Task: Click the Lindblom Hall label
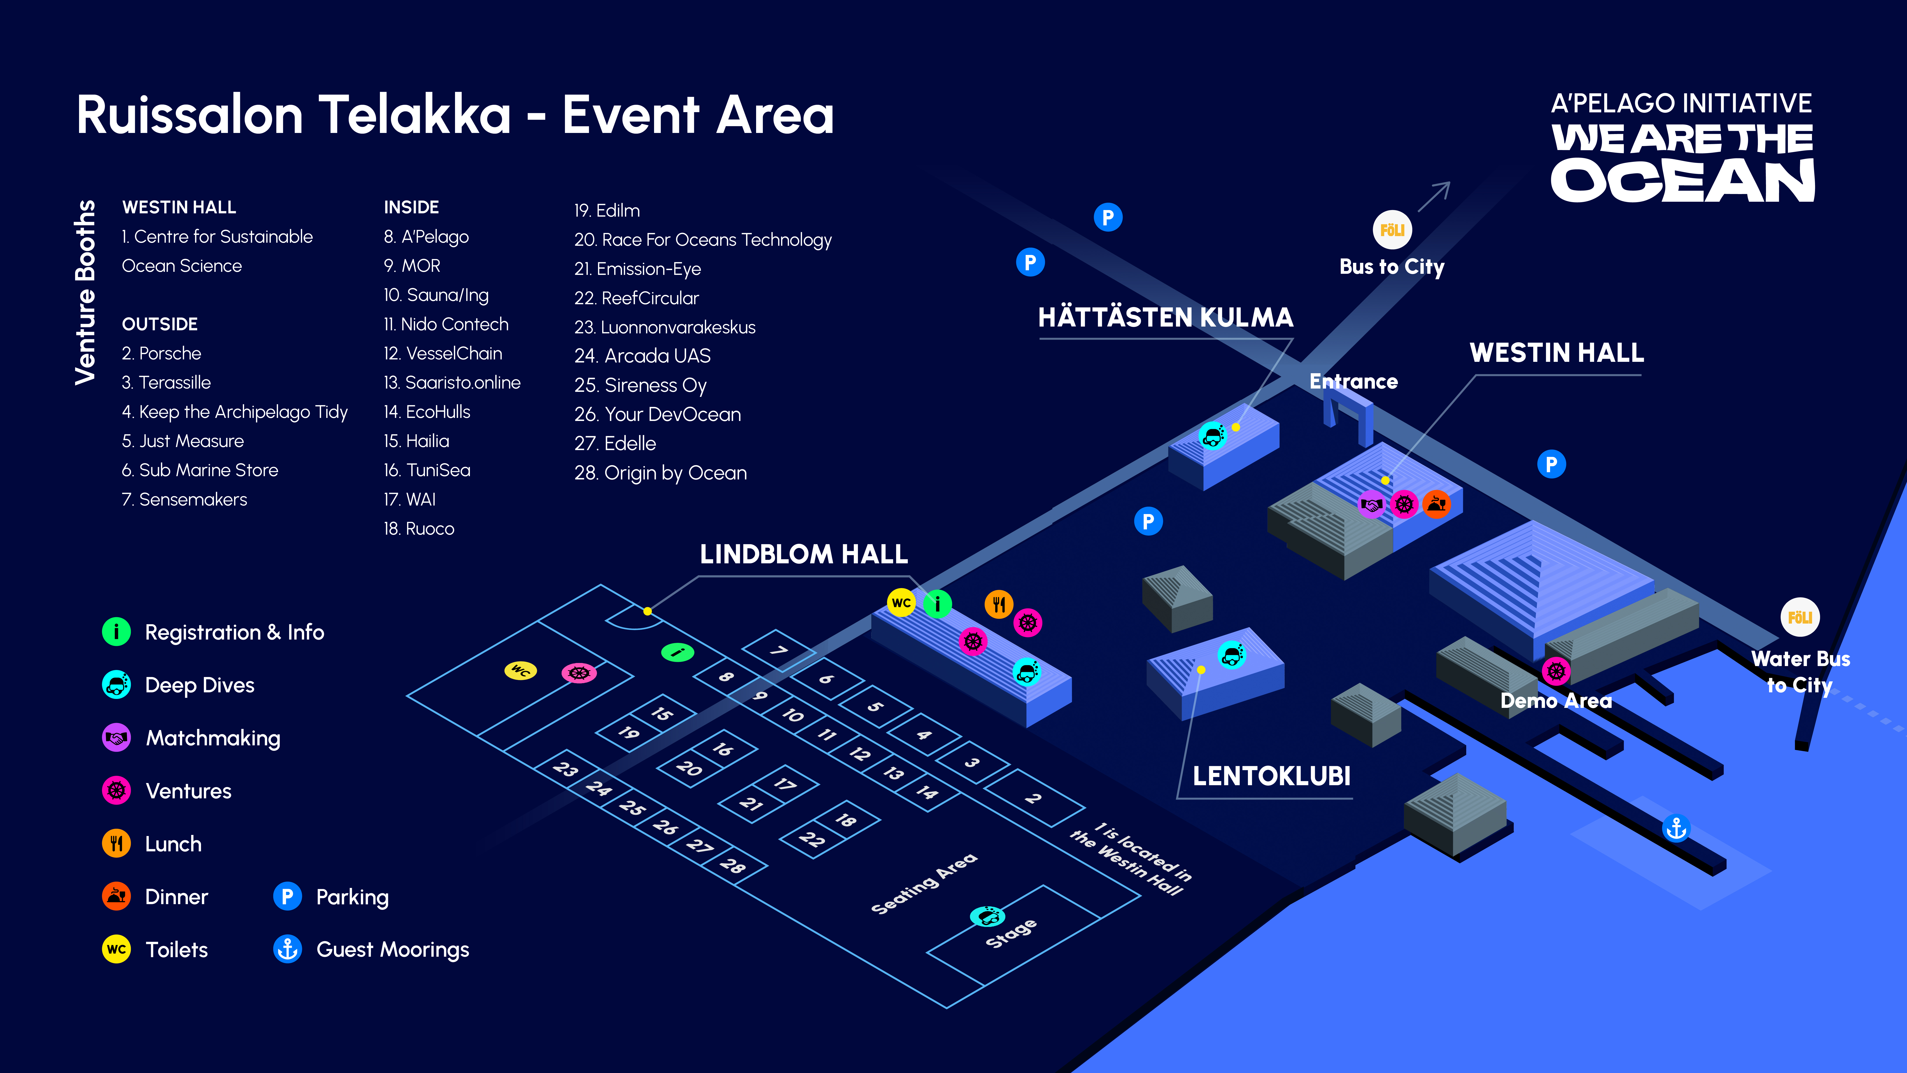click(x=804, y=554)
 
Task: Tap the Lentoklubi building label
click(x=1271, y=776)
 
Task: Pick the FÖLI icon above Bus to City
click(x=1392, y=230)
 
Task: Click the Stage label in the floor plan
click(x=1011, y=933)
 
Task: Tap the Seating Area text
click(x=924, y=883)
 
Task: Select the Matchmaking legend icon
click(x=116, y=737)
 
